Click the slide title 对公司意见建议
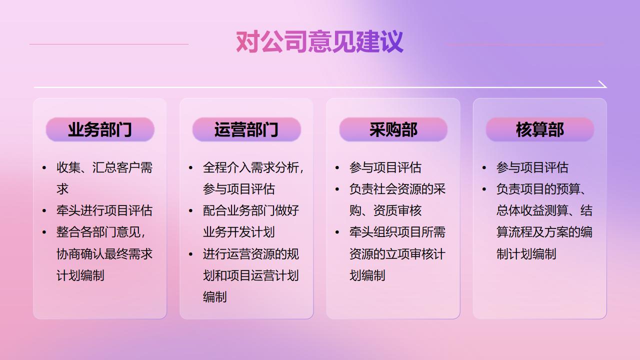tap(319, 42)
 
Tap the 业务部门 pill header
tap(100, 129)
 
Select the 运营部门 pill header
tap(246, 129)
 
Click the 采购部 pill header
tap(393, 129)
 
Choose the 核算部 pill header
tap(539, 129)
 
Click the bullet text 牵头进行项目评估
tap(104, 210)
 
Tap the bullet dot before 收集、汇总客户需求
tap(44, 167)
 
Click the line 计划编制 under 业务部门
tap(80, 275)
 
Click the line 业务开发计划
tap(239, 232)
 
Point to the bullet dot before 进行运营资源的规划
tap(190, 254)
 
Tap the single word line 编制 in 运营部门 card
tap(215, 297)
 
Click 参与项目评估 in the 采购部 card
tap(385, 167)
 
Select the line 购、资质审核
tap(385, 210)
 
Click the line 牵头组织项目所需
tap(397, 232)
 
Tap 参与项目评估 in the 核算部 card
tap(532, 167)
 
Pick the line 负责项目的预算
tap(541, 189)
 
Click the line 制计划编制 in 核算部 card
tap(526, 253)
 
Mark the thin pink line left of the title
tap(109, 44)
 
